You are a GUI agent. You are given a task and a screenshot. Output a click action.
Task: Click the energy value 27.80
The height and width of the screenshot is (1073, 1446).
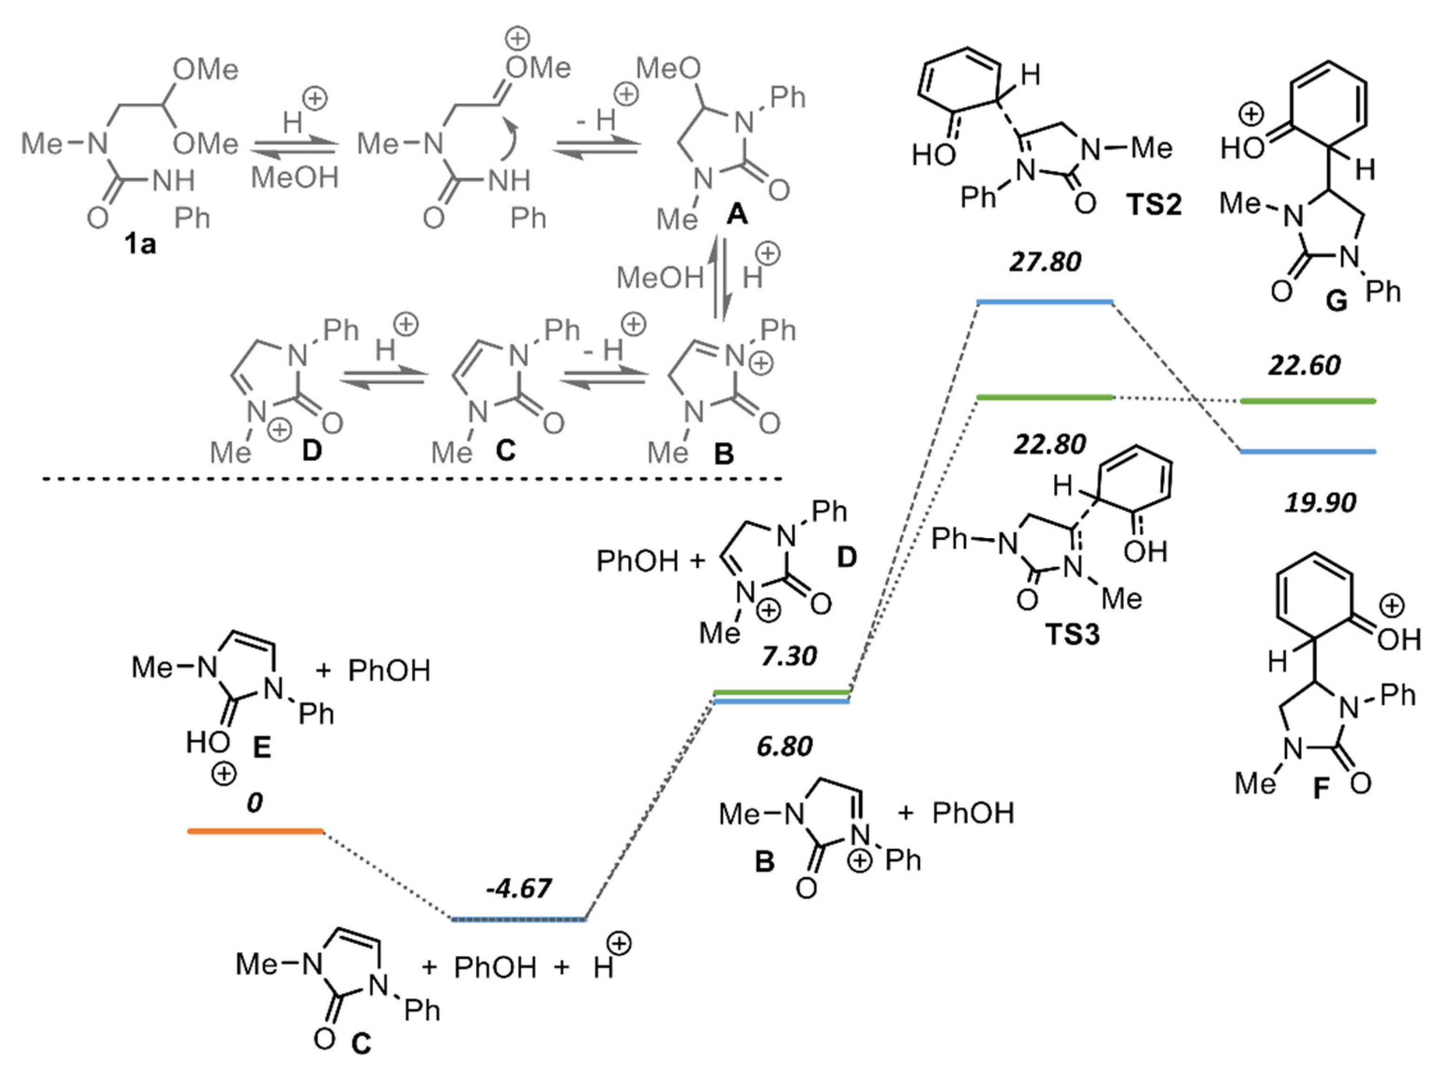pos(1045,262)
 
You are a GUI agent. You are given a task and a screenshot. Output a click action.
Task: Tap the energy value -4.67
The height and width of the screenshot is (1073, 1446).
pos(519,888)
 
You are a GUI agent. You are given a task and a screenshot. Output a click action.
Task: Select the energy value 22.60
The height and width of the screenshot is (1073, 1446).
pos(1304,366)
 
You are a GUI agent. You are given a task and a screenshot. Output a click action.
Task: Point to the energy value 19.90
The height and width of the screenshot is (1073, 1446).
pos(1321,503)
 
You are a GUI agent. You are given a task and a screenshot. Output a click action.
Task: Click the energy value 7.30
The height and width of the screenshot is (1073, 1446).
pos(789,657)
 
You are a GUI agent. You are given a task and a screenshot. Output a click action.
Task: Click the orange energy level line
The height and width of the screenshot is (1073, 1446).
pos(255,831)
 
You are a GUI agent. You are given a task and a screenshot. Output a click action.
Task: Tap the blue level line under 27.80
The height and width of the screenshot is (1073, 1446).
pos(1045,302)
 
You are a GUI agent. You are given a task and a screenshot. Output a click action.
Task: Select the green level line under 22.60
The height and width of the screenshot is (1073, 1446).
pos(1308,401)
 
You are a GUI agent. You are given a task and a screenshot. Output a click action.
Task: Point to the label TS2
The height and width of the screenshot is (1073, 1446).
pos(1154,205)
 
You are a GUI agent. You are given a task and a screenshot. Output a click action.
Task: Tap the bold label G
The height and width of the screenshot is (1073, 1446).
pos(1336,301)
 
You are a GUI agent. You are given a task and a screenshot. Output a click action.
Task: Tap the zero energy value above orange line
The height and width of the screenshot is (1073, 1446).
pos(254,804)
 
